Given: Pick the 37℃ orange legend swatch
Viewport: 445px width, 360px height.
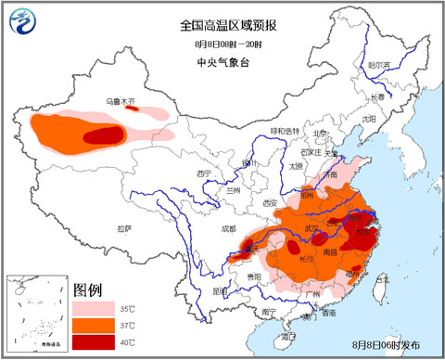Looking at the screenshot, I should (94, 324).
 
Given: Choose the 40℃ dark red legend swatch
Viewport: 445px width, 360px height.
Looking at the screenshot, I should (94, 342).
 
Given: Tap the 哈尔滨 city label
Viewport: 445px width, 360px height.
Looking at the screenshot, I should (377, 65).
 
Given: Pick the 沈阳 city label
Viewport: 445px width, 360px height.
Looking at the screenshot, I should (370, 118).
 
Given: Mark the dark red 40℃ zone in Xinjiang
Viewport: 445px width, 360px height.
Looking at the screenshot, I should (103, 135).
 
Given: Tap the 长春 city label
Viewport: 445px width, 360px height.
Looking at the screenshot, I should (378, 96).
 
